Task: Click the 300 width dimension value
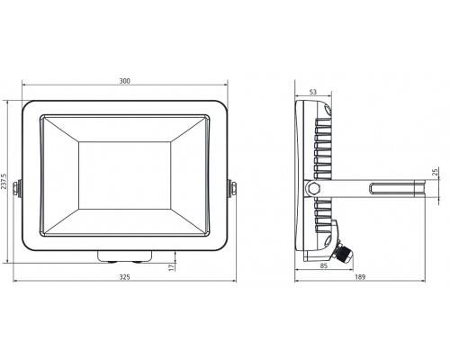point(125,82)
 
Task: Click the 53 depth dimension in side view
point(311,92)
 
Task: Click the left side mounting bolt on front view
point(22,188)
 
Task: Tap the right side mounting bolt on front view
point(230,188)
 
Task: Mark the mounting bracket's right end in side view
point(422,188)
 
